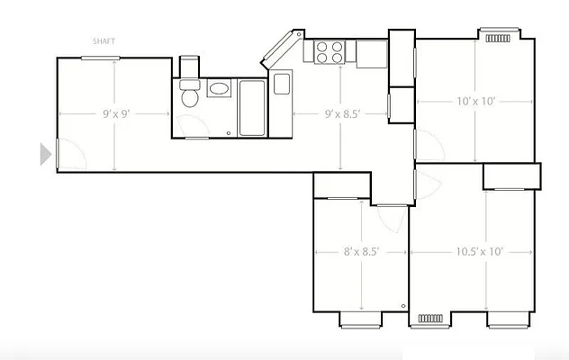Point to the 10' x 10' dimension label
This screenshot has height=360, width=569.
(x=475, y=102)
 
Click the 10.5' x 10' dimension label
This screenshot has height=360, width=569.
(x=480, y=252)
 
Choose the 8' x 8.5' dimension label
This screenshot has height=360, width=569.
(x=360, y=252)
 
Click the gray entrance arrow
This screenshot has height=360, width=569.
(x=45, y=154)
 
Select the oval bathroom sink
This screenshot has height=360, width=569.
(x=220, y=89)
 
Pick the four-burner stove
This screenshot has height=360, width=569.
(x=330, y=53)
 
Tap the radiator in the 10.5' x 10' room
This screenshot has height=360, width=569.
(x=430, y=318)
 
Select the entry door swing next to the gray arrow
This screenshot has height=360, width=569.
(x=70, y=155)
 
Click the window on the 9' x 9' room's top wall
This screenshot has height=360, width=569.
(x=101, y=58)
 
